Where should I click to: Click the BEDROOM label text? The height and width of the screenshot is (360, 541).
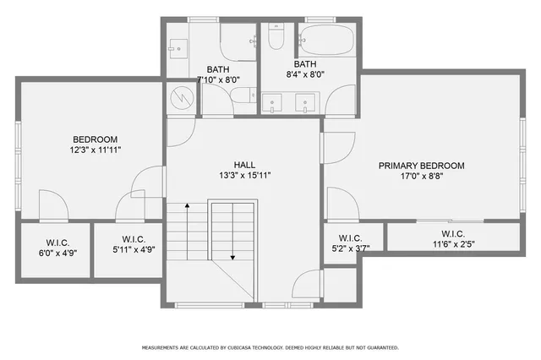[95, 139]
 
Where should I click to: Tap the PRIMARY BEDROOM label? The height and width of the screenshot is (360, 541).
[421, 166]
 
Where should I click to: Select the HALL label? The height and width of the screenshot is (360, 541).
[245, 165]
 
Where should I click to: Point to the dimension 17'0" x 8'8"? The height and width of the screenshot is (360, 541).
[421, 177]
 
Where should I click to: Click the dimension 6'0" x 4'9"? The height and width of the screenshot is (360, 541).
[56, 251]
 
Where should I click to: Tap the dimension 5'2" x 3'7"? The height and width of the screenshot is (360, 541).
[350, 249]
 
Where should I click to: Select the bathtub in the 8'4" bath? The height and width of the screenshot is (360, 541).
[330, 39]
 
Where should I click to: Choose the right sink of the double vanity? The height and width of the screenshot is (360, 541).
[305, 103]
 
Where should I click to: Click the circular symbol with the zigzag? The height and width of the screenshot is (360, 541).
[180, 97]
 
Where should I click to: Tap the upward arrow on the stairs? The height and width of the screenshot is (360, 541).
[187, 228]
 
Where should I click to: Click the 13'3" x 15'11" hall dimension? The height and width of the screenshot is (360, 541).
[245, 176]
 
